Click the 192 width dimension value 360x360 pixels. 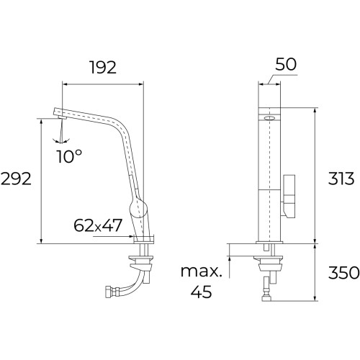(102, 69)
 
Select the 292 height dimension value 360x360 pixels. (16, 179)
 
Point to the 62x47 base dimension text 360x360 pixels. (97, 226)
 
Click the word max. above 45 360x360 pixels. (202, 272)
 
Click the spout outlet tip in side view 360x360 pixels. (55, 112)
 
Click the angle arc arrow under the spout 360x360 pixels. (63, 140)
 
